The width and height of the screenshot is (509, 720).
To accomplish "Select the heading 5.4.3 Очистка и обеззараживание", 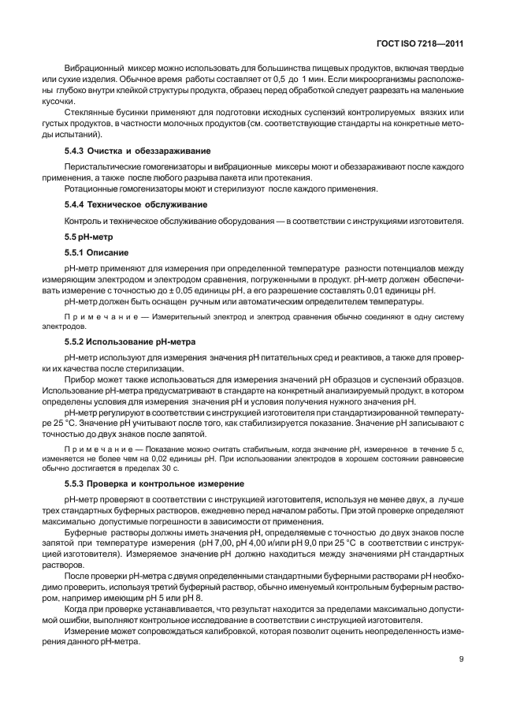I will [136, 151].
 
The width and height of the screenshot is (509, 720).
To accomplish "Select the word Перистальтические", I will [102, 167].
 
